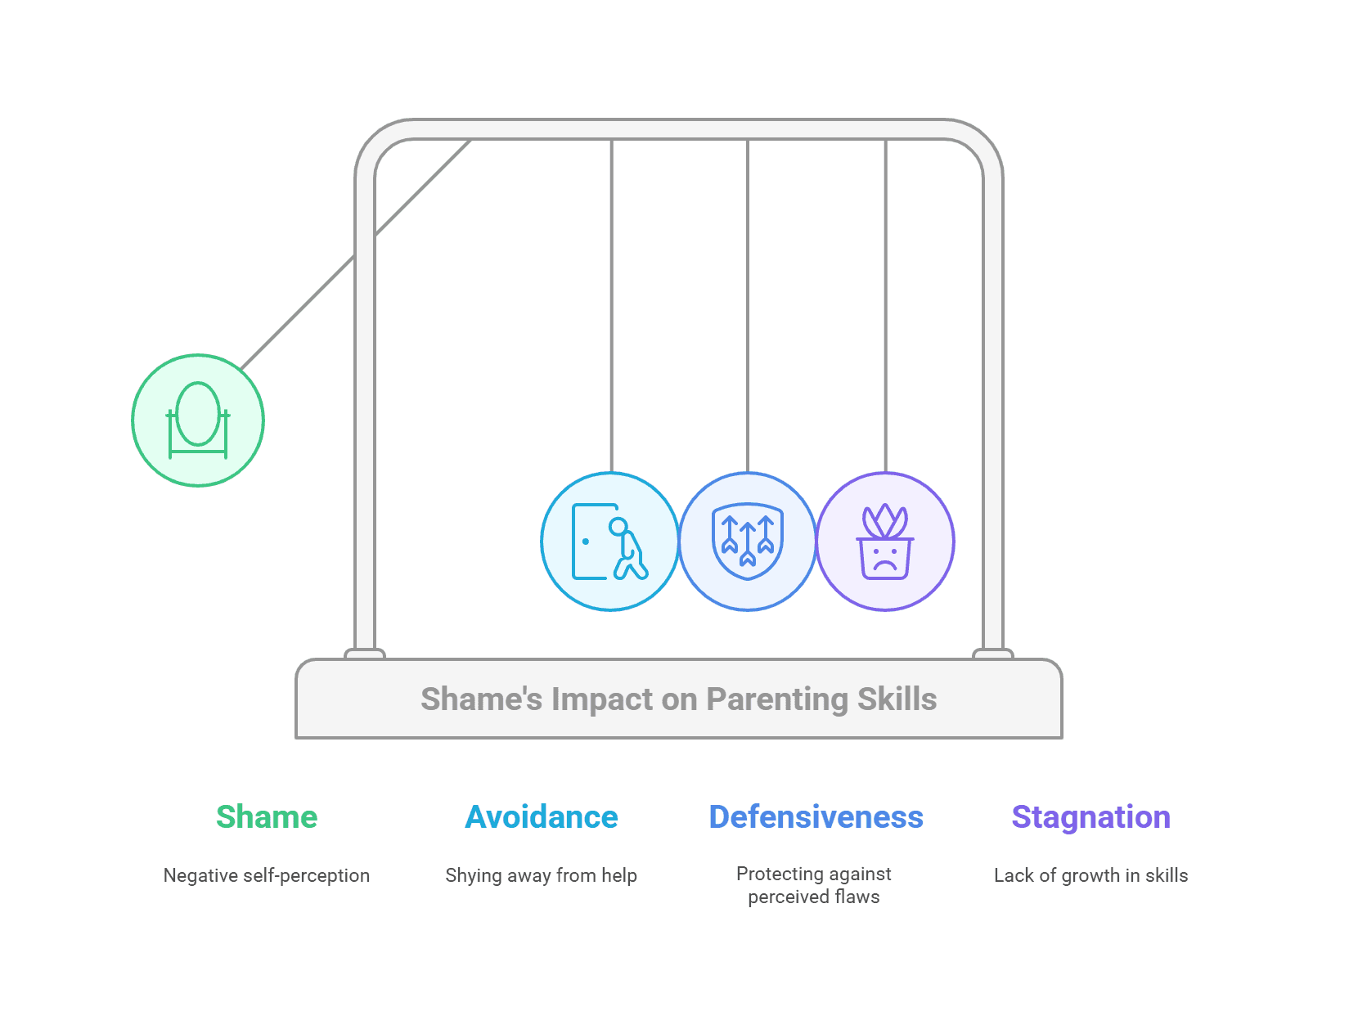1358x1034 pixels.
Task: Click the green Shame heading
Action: coord(266,816)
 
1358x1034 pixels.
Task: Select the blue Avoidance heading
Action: coord(541,816)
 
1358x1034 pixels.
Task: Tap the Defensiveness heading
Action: coord(816,816)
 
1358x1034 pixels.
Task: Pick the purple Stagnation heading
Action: coord(1090,817)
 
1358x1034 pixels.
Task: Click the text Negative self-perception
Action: coord(266,875)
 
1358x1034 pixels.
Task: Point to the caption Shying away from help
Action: coord(541,875)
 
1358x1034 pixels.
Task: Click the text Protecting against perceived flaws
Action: coord(813,885)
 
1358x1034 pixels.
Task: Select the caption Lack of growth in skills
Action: coord(1090,875)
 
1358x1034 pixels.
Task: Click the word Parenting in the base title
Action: coord(776,700)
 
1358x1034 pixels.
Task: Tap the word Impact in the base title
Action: coord(602,699)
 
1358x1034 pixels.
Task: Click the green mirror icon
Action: coord(197,420)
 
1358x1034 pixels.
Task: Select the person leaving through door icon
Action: coord(609,541)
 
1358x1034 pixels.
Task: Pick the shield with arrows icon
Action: coord(748,541)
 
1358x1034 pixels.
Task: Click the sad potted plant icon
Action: coord(884,541)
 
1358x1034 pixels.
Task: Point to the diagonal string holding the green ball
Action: coord(356,254)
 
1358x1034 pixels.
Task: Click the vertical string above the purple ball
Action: coord(885,305)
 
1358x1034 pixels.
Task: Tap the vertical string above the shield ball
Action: coord(748,305)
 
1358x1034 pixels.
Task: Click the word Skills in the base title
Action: coord(897,699)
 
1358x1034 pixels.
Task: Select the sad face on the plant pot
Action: coord(884,559)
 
